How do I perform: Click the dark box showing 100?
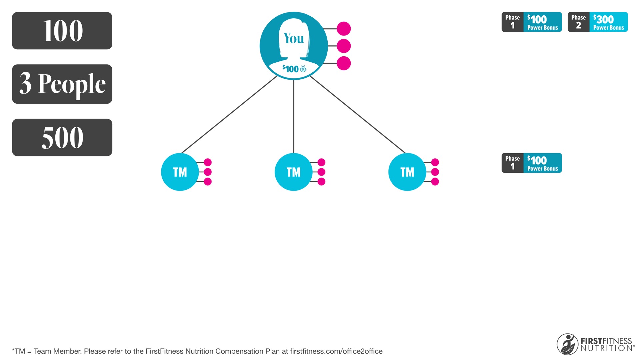click(x=62, y=31)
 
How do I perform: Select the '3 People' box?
click(x=62, y=84)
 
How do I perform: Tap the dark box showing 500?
click(x=62, y=137)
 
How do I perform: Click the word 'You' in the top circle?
click(x=294, y=38)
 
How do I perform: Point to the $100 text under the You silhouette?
click(x=291, y=69)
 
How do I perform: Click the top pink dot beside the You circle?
click(x=344, y=29)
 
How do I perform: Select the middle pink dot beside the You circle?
click(x=344, y=46)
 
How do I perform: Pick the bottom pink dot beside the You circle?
click(x=344, y=63)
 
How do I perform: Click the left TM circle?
click(x=180, y=172)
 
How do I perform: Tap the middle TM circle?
click(x=294, y=172)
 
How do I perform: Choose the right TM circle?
click(x=407, y=172)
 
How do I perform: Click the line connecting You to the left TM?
click(x=229, y=115)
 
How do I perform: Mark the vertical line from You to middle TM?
click(x=294, y=116)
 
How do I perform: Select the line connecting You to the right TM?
click(x=358, y=115)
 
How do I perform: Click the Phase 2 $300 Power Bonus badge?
click(x=598, y=22)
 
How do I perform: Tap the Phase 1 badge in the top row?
click(x=532, y=22)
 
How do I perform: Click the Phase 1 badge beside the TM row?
click(x=532, y=163)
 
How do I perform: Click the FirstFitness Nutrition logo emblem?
click(x=567, y=344)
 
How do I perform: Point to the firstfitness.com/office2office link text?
click(x=336, y=351)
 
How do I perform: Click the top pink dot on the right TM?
click(x=435, y=162)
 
